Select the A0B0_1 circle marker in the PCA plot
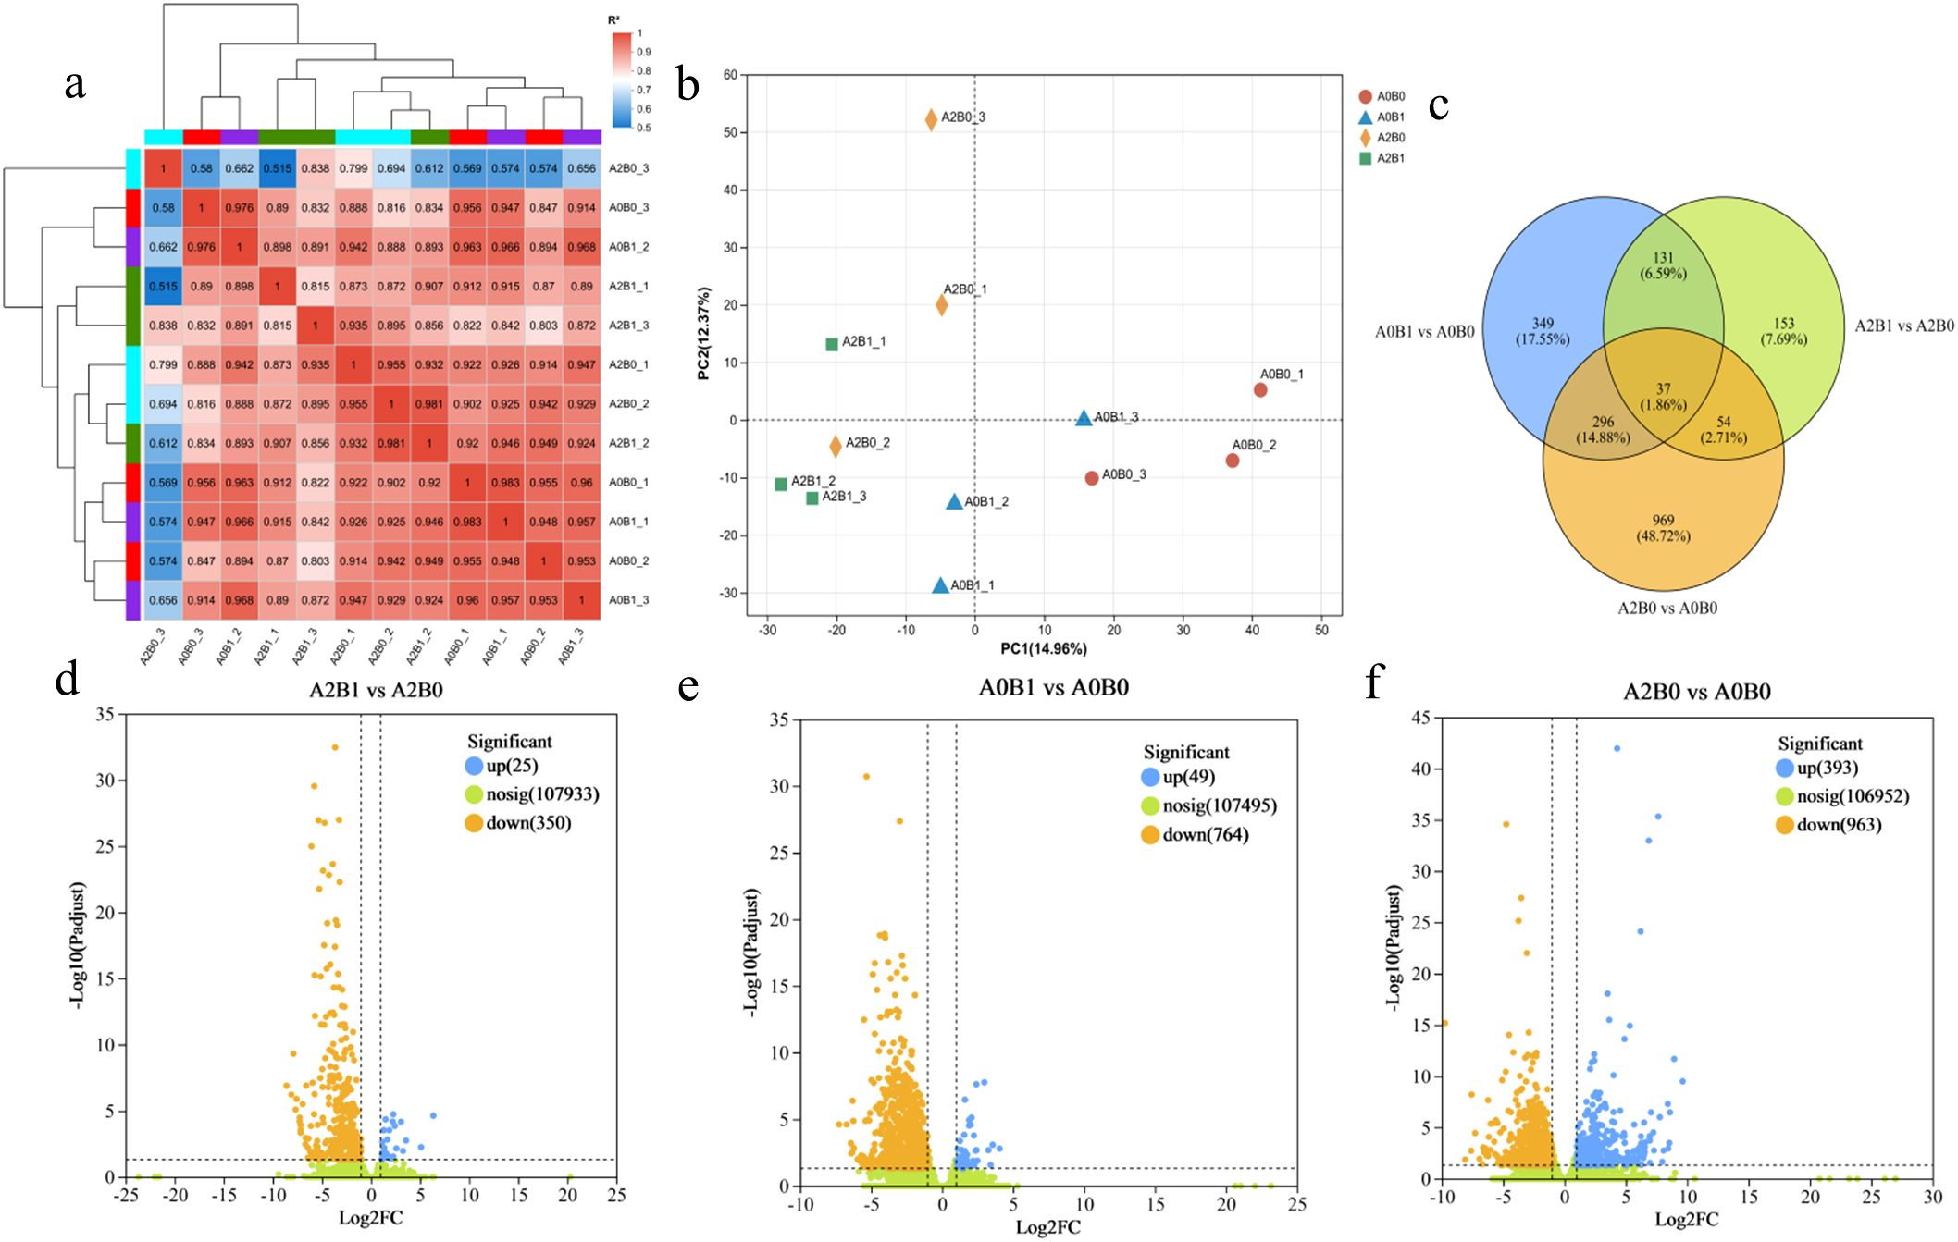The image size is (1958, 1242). (1260, 390)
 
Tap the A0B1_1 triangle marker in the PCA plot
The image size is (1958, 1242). (940, 585)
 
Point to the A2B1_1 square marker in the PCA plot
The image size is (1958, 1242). (832, 344)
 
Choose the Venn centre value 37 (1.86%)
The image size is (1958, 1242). (1663, 397)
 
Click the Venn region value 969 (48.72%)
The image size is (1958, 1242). (1663, 528)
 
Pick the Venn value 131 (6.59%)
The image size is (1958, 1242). (1663, 265)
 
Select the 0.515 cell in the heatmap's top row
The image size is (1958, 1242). (277, 168)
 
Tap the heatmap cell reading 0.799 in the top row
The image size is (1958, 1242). (353, 168)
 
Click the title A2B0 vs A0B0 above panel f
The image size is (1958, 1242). (1696, 692)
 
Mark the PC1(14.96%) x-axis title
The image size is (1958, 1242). (1043, 649)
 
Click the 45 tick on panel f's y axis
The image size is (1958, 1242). (1421, 718)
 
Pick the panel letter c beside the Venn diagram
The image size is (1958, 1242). (1438, 106)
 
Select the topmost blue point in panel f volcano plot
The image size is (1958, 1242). (1617, 748)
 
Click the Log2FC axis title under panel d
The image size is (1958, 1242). (370, 1218)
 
